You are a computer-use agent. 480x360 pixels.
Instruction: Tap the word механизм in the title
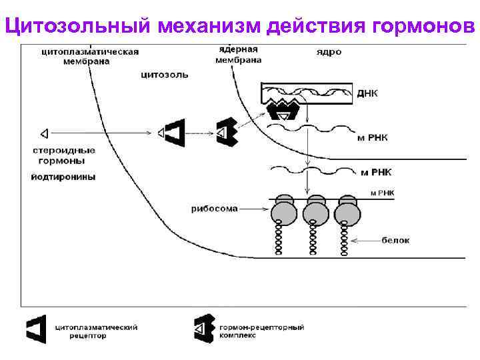click(x=209, y=26)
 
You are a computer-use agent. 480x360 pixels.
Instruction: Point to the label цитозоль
click(x=164, y=75)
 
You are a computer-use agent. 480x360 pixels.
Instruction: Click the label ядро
click(x=328, y=52)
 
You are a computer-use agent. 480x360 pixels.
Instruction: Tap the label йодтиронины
click(x=63, y=177)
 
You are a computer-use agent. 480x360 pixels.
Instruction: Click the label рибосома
click(x=214, y=208)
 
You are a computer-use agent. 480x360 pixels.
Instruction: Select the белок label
click(x=396, y=238)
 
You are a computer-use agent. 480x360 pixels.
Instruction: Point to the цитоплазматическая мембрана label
click(x=89, y=55)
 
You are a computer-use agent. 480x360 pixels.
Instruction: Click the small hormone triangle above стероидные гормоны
click(x=44, y=131)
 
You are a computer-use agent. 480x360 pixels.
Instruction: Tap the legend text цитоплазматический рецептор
click(x=95, y=331)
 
